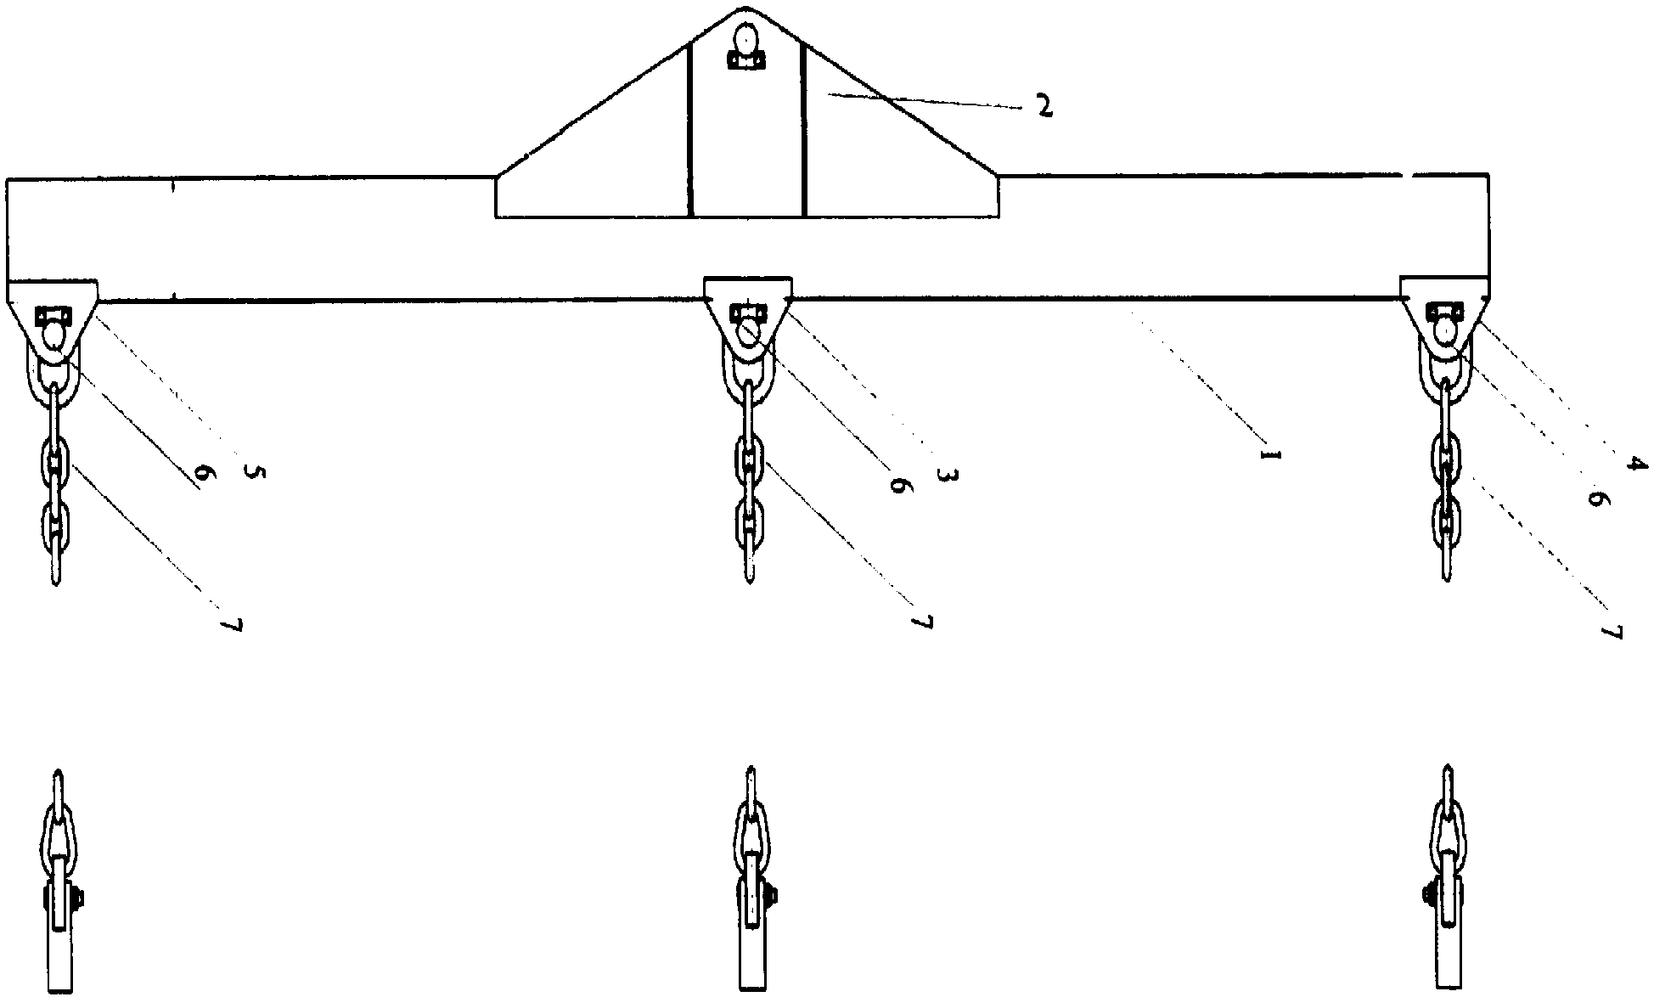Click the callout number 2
(x=1044, y=106)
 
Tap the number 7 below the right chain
(x=1612, y=632)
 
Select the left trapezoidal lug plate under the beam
(x=53, y=311)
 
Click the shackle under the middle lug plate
(x=748, y=374)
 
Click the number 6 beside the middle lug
(x=898, y=485)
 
